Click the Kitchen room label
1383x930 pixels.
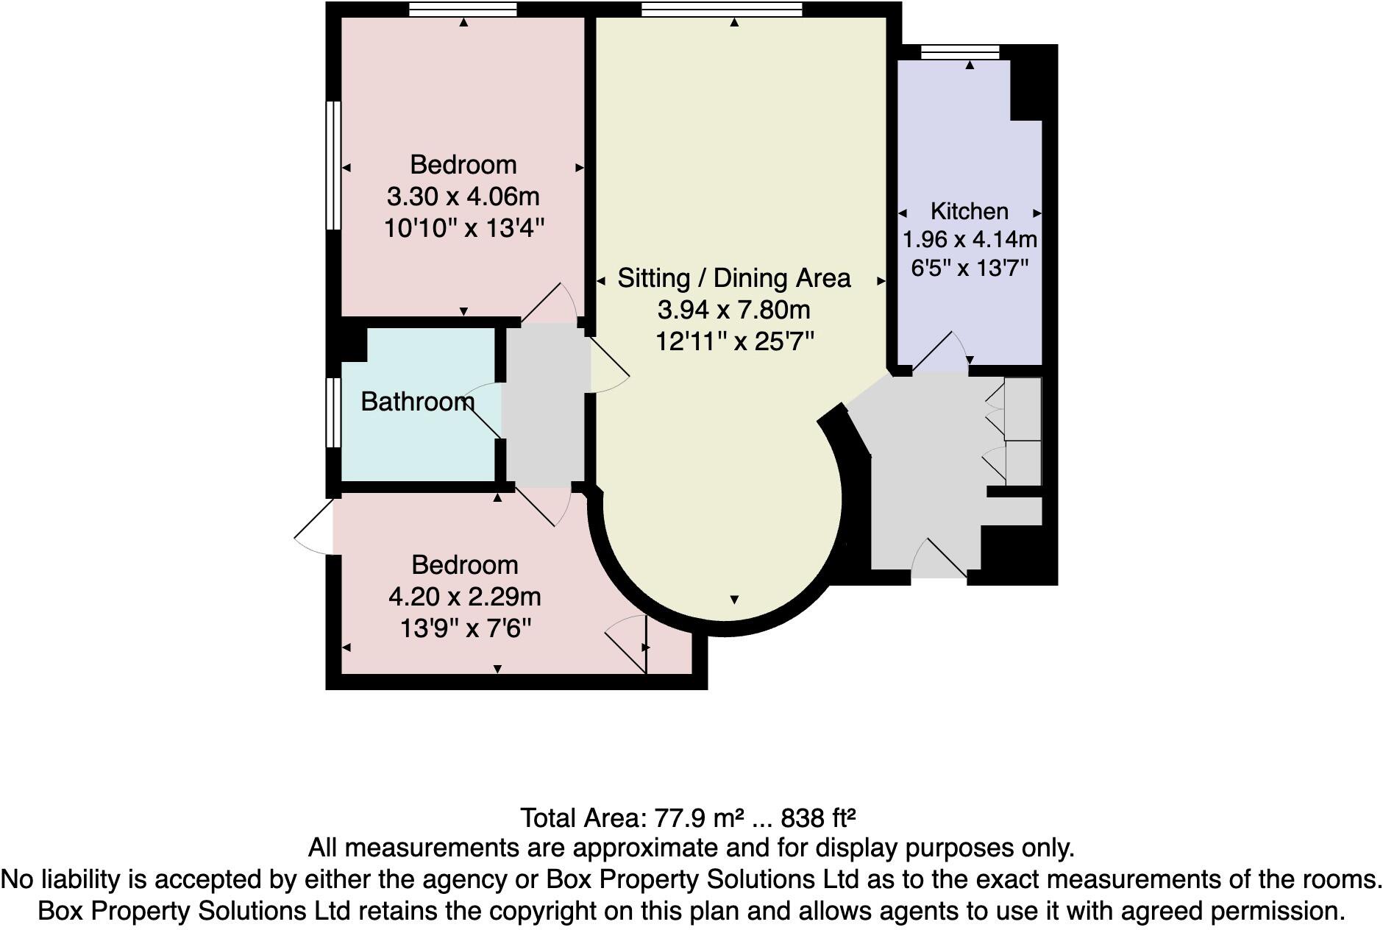point(969,211)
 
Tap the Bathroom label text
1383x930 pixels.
point(417,402)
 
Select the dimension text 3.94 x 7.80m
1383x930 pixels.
point(733,310)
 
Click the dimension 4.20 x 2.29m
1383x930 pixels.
point(465,596)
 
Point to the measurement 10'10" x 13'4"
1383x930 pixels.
point(464,228)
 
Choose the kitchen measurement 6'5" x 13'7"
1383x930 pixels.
point(969,268)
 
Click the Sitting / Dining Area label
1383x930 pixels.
point(733,278)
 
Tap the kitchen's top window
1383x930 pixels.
point(960,52)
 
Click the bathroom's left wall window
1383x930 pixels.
point(333,412)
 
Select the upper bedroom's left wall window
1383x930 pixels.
point(333,166)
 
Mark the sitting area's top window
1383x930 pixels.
point(721,9)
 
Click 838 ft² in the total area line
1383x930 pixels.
point(818,817)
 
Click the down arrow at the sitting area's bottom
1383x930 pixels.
point(734,600)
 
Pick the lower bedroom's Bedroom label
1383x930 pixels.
point(465,565)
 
